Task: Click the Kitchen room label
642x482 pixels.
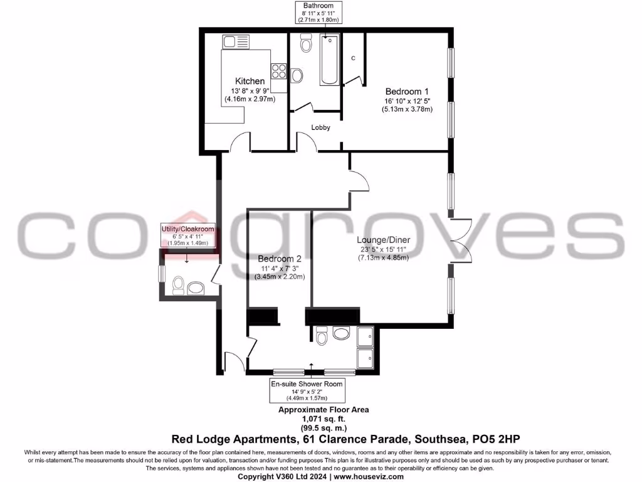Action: tap(250, 81)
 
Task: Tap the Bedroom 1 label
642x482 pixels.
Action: tap(404, 91)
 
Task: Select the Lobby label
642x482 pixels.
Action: tap(320, 127)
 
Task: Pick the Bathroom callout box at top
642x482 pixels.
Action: tap(317, 12)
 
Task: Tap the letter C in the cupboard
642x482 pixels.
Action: tap(353, 58)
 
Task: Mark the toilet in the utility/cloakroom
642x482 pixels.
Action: tap(177, 286)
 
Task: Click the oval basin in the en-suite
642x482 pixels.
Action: tap(342, 333)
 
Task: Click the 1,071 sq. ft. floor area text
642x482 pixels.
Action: tap(324, 418)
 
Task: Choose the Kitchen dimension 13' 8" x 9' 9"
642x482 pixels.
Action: tap(250, 90)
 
